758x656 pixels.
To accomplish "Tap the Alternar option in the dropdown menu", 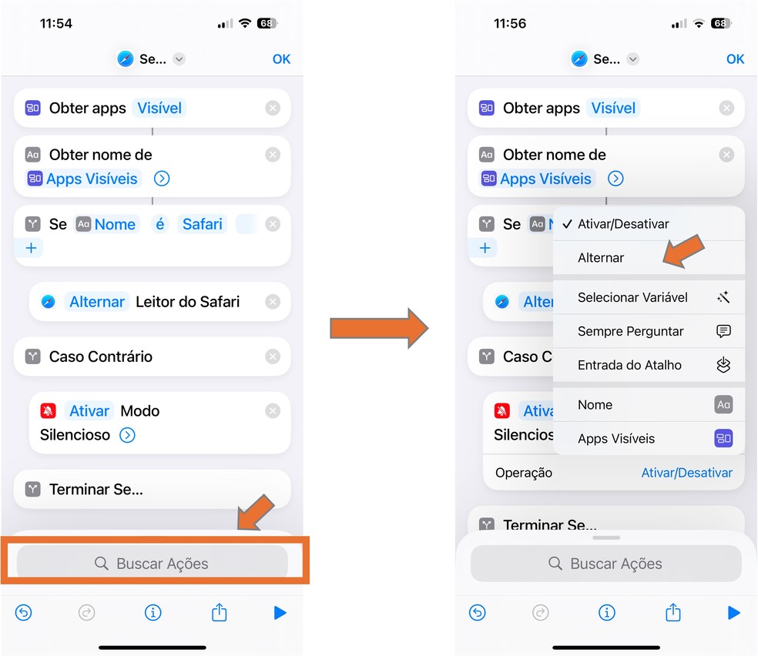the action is click(600, 257).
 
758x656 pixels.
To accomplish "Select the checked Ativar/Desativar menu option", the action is click(623, 223).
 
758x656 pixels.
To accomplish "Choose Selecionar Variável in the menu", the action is click(632, 297).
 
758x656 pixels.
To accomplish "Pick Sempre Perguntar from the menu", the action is click(630, 331).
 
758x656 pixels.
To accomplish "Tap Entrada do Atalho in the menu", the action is click(629, 365).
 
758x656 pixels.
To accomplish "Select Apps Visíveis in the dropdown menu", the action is click(616, 438).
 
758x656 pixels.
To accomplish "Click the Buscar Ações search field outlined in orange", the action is click(153, 563).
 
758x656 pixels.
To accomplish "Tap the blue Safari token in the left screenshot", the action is click(202, 224).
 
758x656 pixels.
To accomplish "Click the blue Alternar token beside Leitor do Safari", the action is click(97, 301).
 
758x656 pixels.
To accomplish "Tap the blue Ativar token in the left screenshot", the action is click(89, 410).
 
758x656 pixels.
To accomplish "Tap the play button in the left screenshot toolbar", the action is click(280, 613).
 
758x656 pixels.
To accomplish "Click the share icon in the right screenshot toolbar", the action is click(673, 612).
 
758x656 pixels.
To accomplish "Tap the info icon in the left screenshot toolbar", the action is click(153, 613).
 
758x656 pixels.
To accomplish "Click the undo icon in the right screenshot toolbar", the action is click(477, 613).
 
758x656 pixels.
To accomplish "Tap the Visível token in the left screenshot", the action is click(159, 108).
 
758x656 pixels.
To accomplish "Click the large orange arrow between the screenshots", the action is click(379, 328).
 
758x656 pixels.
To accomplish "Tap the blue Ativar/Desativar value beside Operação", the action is click(686, 473).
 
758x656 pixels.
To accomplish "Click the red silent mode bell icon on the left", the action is click(48, 410).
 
